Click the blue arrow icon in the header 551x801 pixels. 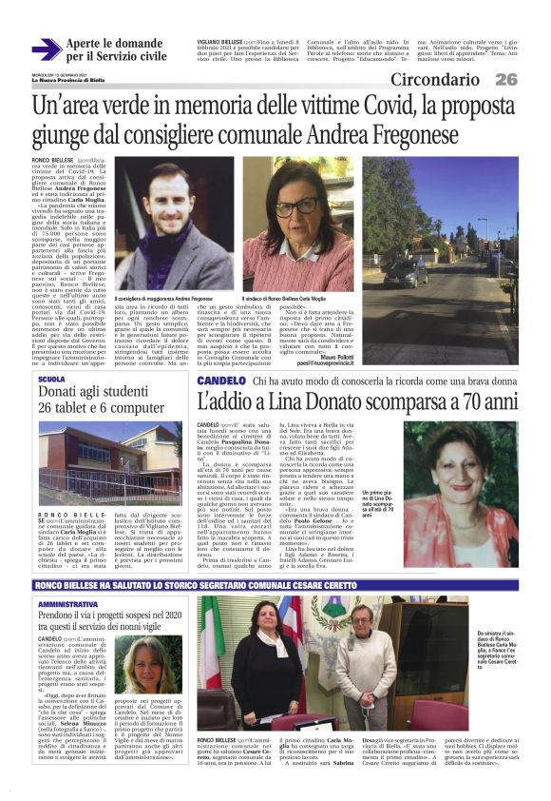click(46, 49)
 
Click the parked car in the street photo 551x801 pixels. click(407, 274)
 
